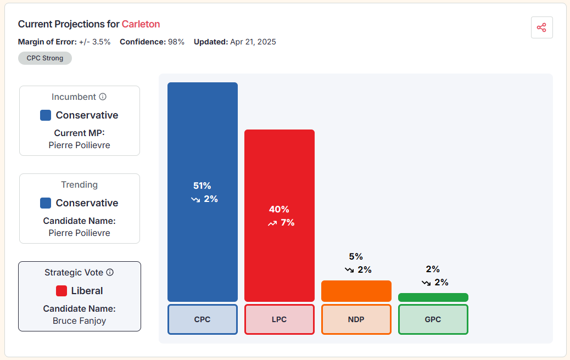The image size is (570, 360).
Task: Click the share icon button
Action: pos(541,27)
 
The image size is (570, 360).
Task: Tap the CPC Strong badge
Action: pos(45,58)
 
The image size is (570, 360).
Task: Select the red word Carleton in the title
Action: pos(141,24)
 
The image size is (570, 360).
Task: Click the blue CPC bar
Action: pos(203,137)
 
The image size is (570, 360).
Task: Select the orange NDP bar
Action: pos(356,291)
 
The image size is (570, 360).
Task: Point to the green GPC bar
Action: pos(433,297)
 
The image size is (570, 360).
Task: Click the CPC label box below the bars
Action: pos(203,319)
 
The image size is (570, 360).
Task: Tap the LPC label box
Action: pos(280,319)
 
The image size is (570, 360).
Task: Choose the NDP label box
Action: pos(356,319)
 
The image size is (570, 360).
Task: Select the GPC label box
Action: pos(433,319)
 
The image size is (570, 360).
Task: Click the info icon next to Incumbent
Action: pos(103,97)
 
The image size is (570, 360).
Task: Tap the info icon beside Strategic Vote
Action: pos(110,272)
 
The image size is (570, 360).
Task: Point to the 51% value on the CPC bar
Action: pos(202,185)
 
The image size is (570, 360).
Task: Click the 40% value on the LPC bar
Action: pos(279,209)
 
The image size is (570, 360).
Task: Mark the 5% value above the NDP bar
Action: pos(356,256)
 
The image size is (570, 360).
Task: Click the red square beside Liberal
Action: pos(62,291)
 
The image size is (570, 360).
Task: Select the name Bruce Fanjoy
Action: pos(80,320)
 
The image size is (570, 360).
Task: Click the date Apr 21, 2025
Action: pos(253,42)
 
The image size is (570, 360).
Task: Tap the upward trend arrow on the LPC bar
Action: pos(272,223)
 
